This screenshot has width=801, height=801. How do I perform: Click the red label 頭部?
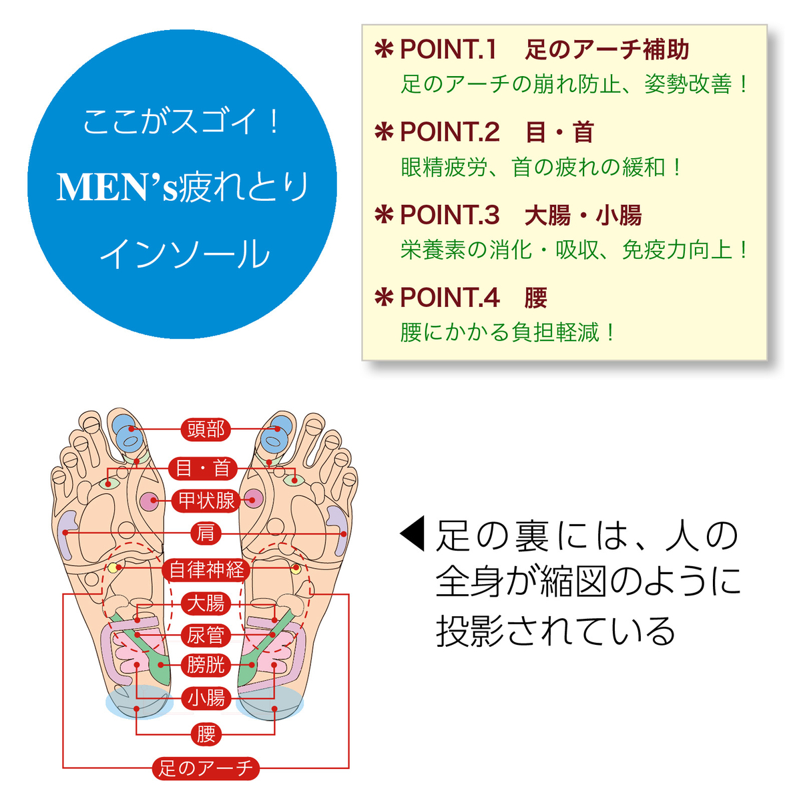tap(206, 429)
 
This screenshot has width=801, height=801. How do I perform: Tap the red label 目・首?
tap(203, 468)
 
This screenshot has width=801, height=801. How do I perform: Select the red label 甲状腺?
tap(206, 500)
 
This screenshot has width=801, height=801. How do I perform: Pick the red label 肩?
tap(206, 533)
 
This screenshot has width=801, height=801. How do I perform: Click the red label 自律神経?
tap(206, 569)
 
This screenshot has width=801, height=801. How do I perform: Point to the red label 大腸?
tap(206, 603)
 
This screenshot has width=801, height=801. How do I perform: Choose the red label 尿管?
tap(206, 635)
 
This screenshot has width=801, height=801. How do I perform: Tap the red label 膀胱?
tap(206, 665)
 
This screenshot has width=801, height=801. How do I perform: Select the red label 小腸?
tap(206, 698)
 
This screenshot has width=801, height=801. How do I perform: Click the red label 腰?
tap(206, 734)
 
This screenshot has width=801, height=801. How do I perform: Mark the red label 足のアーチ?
tap(206, 768)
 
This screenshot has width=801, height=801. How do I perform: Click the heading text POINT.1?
tap(448, 50)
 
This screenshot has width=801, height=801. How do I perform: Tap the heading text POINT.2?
tap(449, 132)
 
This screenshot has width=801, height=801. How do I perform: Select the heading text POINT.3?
tap(449, 215)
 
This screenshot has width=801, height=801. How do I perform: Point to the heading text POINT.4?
tap(449, 298)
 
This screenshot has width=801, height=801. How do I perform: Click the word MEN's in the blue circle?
tap(117, 188)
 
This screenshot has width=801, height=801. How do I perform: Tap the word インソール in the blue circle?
tap(184, 254)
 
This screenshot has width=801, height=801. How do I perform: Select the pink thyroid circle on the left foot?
tap(149, 500)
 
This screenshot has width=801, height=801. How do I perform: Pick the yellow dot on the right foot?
tap(296, 569)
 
